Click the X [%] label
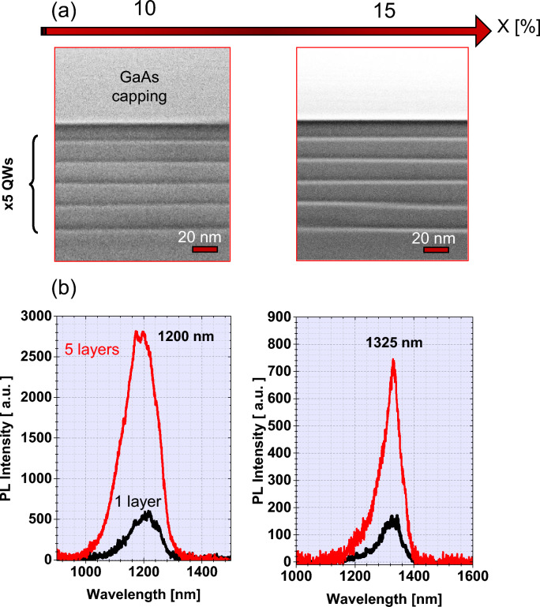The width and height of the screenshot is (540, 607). point(517,28)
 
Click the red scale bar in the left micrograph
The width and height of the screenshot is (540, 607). point(204,250)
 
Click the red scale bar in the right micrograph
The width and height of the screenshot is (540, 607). point(436,250)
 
